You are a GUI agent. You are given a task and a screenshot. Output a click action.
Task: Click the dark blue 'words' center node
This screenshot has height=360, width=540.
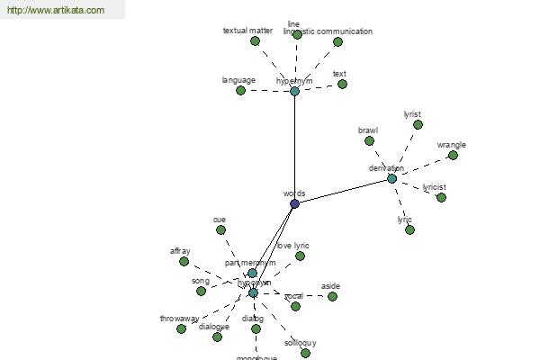click(294, 203)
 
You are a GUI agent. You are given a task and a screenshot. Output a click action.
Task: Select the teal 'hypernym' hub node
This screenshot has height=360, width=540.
click(294, 91)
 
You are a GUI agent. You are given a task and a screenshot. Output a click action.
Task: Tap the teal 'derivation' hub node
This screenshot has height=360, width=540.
click(391, 178)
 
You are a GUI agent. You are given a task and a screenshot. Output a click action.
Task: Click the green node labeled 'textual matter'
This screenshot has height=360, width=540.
click(255, 40)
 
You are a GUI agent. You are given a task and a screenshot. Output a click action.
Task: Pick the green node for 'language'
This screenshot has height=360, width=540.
click(240, 90)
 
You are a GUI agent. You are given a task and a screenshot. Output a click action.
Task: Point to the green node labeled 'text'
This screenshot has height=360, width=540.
click(342, 84)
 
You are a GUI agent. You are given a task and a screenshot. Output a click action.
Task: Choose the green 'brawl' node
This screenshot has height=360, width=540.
click(369, 139)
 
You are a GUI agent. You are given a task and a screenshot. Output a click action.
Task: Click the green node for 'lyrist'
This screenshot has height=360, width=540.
click(418, 124)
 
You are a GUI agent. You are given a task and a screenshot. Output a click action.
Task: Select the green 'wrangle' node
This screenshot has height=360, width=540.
click(453, 155)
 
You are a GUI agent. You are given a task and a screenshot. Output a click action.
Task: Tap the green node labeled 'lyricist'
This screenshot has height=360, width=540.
click(441, 197)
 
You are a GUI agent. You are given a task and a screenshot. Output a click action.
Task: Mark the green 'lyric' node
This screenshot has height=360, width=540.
click(409, 229)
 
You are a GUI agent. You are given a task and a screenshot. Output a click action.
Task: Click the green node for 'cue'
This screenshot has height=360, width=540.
click(220, 229)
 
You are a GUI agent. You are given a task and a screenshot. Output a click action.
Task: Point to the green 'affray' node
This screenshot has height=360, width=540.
click(184, 261)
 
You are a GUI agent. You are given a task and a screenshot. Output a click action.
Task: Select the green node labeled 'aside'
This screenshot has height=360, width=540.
click(332, 295)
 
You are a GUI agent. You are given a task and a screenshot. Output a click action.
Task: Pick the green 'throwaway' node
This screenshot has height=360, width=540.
click(181, 328)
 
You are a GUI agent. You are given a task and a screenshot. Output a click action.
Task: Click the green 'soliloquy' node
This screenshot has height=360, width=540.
click(305, 353)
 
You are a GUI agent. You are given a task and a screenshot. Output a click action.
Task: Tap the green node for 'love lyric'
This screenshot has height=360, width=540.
click(300, 256)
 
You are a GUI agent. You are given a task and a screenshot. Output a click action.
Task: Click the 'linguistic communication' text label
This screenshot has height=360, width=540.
click(328, 31)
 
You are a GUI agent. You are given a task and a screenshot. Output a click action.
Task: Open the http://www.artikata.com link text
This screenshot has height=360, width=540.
click(55, 11)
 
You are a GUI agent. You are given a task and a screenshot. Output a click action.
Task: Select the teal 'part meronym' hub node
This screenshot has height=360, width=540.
click(252, 273)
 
